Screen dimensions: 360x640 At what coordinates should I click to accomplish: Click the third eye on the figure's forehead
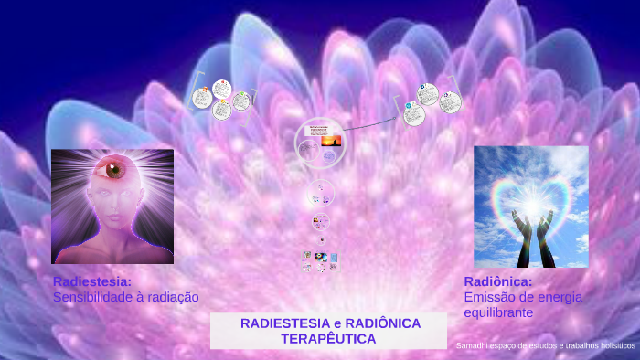(x=114, y=169)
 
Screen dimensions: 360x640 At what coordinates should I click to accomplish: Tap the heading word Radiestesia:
(x=92, y=281)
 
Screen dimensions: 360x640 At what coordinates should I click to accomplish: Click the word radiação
(x=173, y=297)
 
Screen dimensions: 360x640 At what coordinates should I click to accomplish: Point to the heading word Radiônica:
(x=498, y=281)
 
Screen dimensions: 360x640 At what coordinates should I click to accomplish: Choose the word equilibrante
(x=499, y=312)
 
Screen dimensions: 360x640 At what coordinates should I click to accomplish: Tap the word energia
(x=560, y=297)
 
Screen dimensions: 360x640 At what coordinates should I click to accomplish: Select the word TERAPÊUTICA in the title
(x=328, y=338)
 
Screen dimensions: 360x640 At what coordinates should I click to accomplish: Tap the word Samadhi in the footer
(x=474, y=346)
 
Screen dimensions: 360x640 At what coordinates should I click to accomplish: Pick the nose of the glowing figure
(x=112, y=206)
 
